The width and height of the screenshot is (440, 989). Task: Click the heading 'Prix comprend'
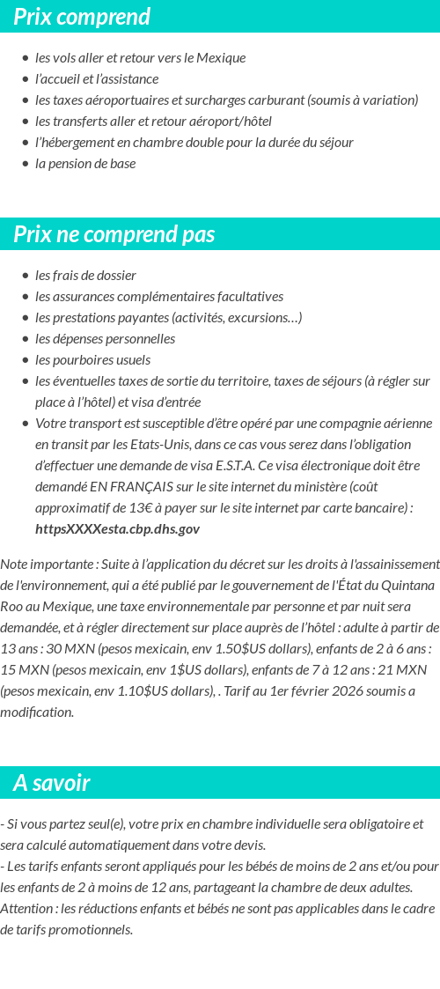tap(82, 17)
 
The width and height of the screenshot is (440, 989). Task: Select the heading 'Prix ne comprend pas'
tap(114, 234)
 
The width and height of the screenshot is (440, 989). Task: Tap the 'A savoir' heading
tap(52, 783)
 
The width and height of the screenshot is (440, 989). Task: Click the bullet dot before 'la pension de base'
tap(26, 164)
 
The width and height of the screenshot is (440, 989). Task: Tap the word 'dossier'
tap(115, 275)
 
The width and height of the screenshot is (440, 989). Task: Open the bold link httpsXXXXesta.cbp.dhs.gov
tap(117, 528)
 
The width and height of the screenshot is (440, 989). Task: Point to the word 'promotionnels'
tap(92, 929)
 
